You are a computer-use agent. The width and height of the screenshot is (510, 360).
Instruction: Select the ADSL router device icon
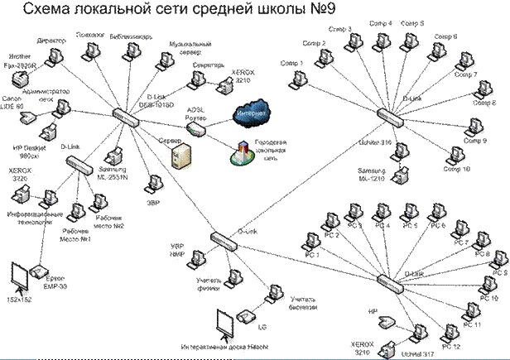194,127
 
